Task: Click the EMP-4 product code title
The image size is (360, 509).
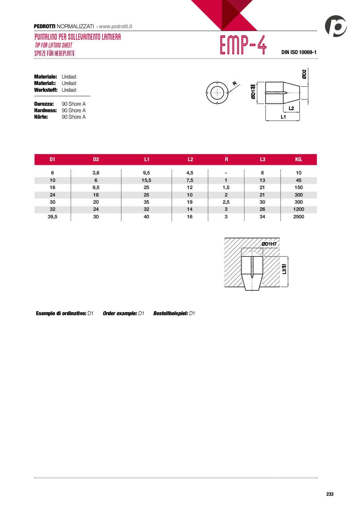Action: click(x=243, y=45)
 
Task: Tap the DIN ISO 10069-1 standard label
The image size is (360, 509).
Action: click(x=298, y=52)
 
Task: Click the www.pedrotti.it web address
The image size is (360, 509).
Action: click(x=116, y=27)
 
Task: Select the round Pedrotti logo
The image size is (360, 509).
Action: click(x=336, y=26)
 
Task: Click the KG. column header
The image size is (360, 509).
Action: click(x=298, y=159)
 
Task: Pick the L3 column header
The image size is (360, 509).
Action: click(x=262, y=159)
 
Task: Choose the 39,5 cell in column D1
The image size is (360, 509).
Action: click(x=52, y=217)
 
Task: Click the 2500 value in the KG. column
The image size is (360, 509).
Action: click(x=298, y=217)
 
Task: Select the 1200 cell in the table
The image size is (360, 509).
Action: click(x=298, y=209)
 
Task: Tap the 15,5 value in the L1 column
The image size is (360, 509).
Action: click(x=147, y=180)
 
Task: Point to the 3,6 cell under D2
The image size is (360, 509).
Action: click(x=96, y=173)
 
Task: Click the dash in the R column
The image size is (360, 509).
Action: click(x=226, y=173)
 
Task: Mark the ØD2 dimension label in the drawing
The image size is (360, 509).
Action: click(x=304, y=74)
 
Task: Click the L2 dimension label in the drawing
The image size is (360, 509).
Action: click(x=291, y=108)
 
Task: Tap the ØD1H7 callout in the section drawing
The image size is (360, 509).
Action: click(x=269, y=244)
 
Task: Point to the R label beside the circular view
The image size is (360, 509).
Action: click(x=235, y=84)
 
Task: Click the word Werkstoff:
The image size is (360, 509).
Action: click(x=46, y=90)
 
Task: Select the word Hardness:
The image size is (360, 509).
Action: click(x=46, y=111)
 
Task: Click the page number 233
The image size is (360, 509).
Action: click(x=330, y=494)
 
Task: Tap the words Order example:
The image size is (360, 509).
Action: click(x=120, y=313)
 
